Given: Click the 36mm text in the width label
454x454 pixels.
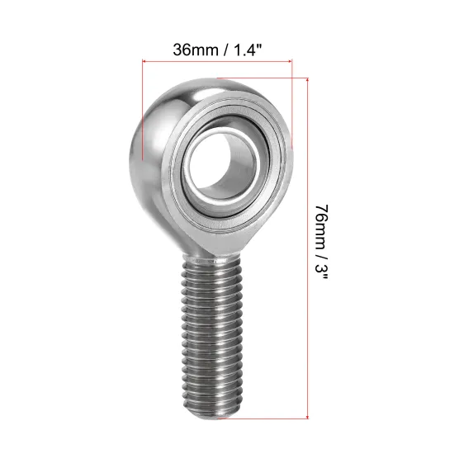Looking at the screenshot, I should coord(192,48).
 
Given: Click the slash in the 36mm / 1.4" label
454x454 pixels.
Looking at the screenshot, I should coord(221,48).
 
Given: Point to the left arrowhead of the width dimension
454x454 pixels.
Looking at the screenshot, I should coord(147,60).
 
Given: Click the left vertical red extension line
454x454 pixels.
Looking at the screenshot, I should coord(144,107).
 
